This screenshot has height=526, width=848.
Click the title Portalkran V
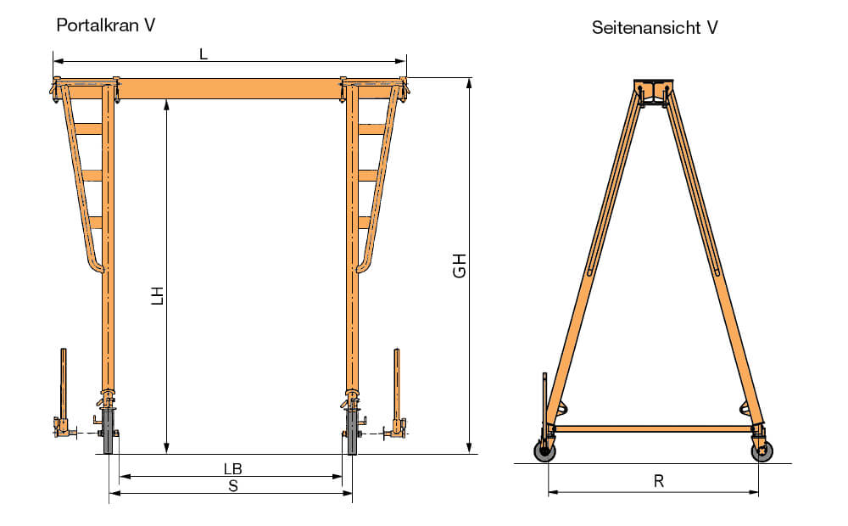click(105, 25)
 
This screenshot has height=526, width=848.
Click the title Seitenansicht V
click(655, 28)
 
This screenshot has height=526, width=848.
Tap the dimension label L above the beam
click(204, 54)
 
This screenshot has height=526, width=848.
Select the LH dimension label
click(157, 296)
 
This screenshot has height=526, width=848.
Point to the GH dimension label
click(459, 266)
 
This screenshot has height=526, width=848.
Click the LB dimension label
click(232, 468)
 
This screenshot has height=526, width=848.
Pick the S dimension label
click(233, 486)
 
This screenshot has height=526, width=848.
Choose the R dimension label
click(658, 481)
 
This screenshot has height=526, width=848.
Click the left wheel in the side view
click(544, 451)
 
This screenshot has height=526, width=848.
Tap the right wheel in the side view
click(762, 451)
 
